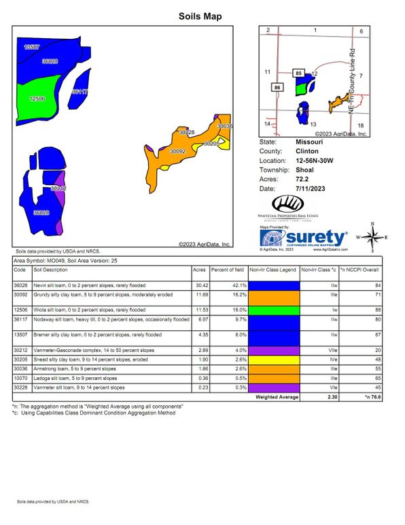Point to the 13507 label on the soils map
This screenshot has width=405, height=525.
[x=31, y=47]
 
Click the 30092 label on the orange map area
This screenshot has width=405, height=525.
[x=177, y=151]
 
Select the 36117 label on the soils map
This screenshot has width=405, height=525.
[x=80, y=91]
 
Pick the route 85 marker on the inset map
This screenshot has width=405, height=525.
[x=298, y=71]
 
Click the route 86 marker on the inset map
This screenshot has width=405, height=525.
[x=277, y=87]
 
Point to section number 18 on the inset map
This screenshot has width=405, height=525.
[x=361, y=125]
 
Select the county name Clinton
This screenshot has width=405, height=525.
[x=307, y=151]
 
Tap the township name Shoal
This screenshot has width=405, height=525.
[x=304, y=169]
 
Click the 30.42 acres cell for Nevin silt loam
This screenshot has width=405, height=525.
[x=200, y=285]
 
